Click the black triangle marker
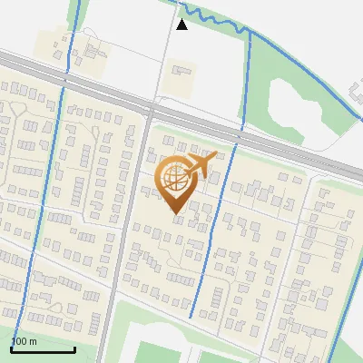[182, 25]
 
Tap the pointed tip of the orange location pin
[175, 213]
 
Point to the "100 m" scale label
[24, 341]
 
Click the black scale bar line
[43, 349]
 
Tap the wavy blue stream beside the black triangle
[218, 24]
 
